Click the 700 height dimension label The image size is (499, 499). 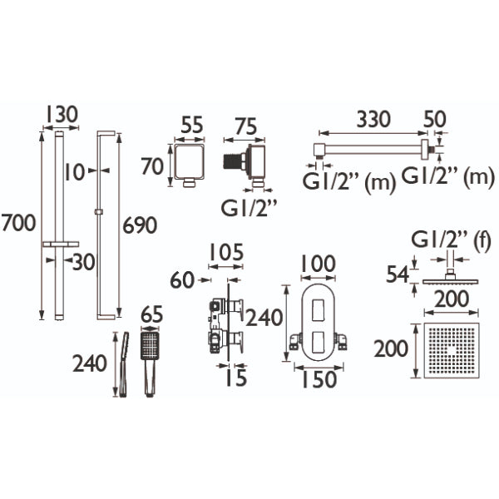pyautogui.click(x=18, y=223)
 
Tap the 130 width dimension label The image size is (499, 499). pyautogui.click(x=62, y=115)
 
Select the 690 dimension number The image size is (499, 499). pyautogui.click(x=140, y=225)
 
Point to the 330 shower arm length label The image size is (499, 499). pyautogui.click(x=373, y=119)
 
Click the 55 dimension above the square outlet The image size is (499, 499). pyautogui.click(x=192, y=125)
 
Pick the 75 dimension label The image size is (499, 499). pyautogui.click(x=245, y=126)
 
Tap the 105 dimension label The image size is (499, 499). pyautogui.click(x=226, y=252)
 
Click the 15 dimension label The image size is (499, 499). pyautogui.click(x=236, y=378)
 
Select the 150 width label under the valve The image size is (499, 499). pyautogui.click(x=319, y=379)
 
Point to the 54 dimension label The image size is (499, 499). pyautogui.click(x=398, y=274)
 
